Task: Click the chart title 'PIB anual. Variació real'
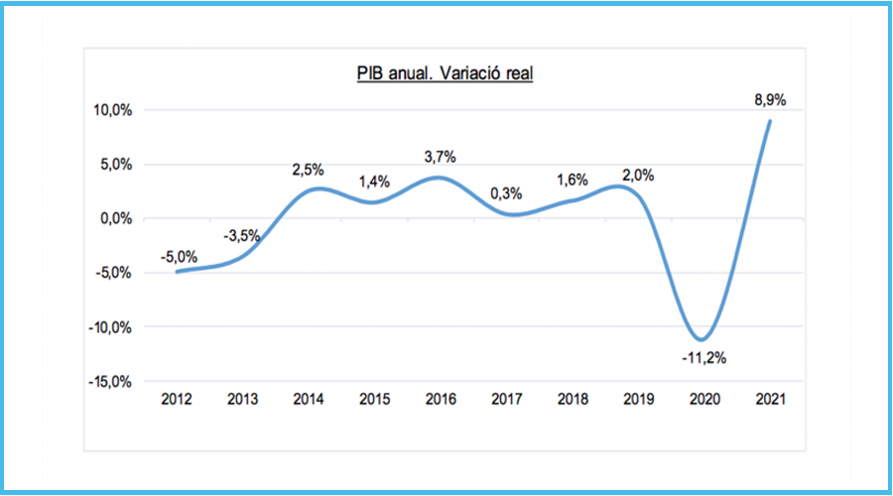446,74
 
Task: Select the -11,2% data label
703,358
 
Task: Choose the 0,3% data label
506,193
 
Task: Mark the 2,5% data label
309,170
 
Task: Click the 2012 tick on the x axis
176,399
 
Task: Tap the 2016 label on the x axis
441,399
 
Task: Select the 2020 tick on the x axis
705,399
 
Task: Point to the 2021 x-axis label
771,399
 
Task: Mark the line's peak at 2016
441,178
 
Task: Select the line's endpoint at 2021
770,121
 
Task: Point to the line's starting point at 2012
177,271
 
